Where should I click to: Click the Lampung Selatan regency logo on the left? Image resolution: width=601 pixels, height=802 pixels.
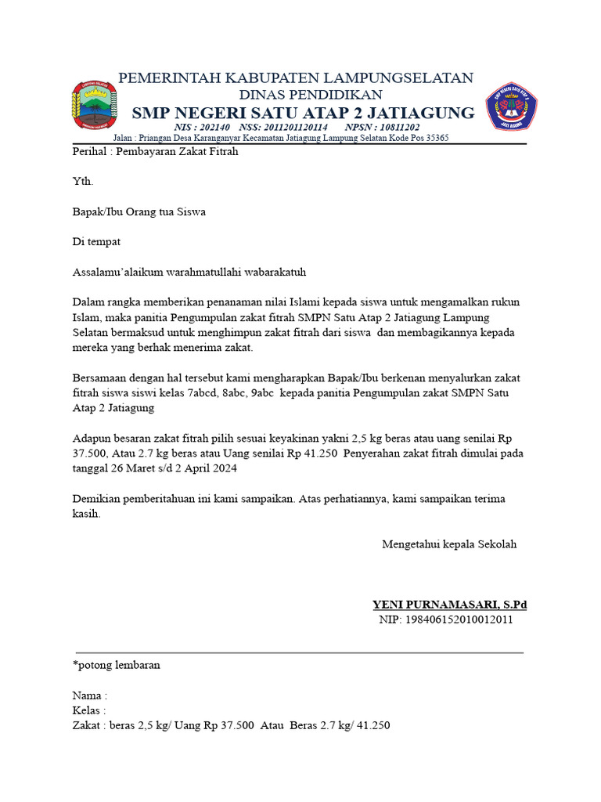tap(94, 105)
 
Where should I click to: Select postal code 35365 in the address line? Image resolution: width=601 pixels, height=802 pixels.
tap(435, 138)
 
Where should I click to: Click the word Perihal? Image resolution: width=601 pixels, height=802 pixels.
tap(90, 152)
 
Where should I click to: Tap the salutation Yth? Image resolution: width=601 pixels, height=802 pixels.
tap(82, 182)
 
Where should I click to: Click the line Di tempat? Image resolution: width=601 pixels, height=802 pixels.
tap(97, 242)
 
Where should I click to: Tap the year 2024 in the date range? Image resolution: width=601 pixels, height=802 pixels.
tap(223, 468)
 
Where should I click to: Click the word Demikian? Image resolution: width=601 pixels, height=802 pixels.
tap(98, 499)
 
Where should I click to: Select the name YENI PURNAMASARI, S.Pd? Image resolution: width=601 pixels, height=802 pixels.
tap(449, 605)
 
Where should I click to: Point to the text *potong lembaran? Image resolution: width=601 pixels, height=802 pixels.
tap(117, 665)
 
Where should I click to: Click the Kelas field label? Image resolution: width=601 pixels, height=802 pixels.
tap(88, 710)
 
